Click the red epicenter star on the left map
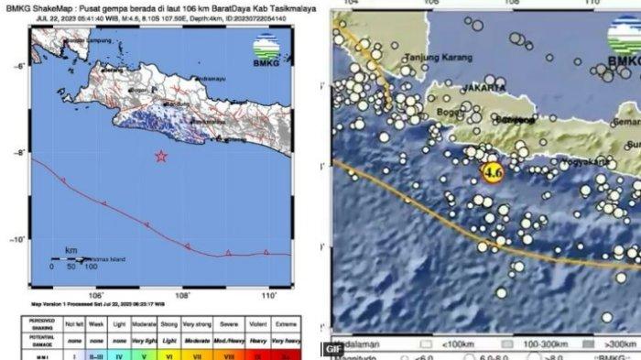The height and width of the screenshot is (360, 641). coord(161,157)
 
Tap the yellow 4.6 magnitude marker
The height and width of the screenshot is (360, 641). coord(493,172)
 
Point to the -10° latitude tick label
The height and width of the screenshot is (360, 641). coord(18,240)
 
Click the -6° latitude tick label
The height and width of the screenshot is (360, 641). coord(18,66)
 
